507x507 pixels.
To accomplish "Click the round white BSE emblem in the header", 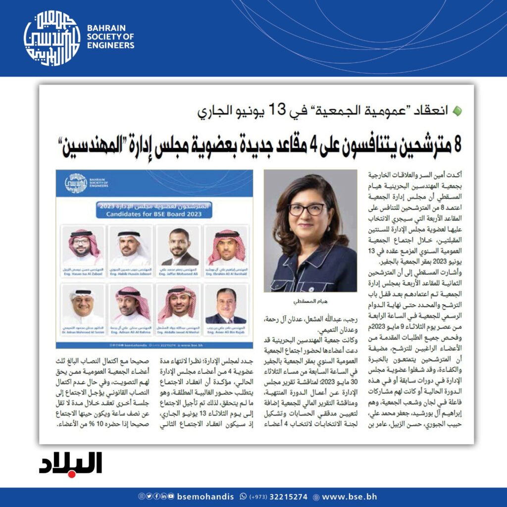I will coord(51,39).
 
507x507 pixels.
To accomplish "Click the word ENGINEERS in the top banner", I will coord(110,46).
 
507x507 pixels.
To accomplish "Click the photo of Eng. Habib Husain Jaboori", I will coord(130,247).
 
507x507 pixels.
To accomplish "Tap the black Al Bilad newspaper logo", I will coord(71,463).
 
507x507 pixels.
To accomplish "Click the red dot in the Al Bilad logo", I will coord(72,474).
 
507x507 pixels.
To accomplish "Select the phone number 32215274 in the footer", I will coord(289,497).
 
